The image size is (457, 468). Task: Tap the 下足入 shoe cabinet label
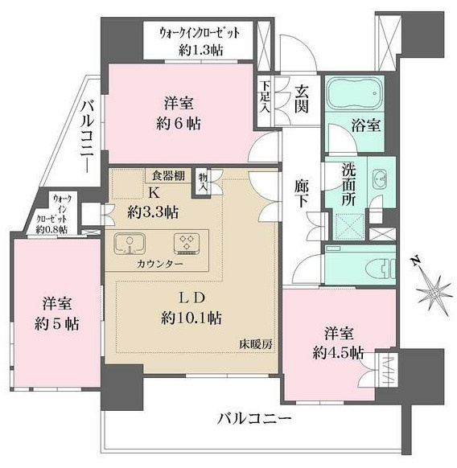tap(264, 96)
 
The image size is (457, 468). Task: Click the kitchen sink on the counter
tap(129, 242)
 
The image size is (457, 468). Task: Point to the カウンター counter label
tap(159, 264)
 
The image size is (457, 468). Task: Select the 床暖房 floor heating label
tap(255, 344)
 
